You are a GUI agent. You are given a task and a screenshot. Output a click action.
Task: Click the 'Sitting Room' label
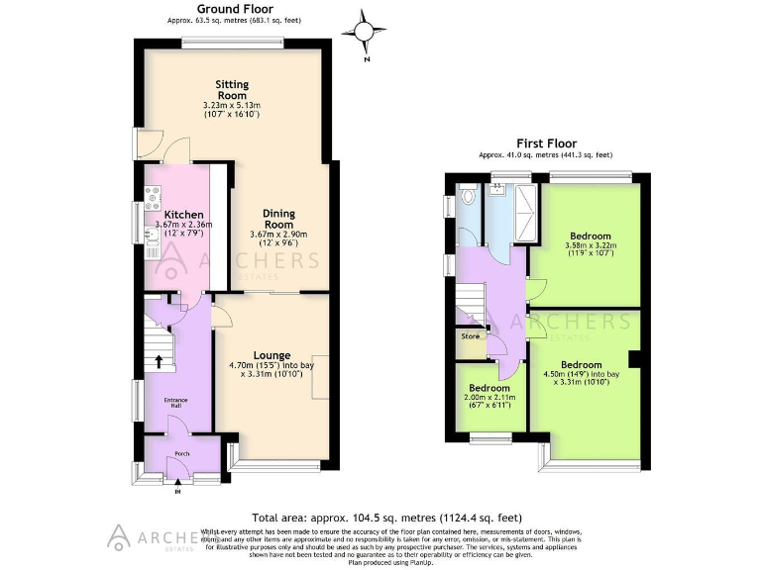233,90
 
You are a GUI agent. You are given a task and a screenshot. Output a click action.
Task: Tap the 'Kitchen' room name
183,215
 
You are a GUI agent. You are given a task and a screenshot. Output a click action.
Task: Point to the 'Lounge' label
271,355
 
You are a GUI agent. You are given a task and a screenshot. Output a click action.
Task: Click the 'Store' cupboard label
470,336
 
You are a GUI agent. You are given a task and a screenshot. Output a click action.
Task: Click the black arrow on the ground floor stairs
159,362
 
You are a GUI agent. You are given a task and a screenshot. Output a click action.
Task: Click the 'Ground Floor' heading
235,7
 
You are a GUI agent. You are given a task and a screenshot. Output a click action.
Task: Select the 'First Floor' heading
545,142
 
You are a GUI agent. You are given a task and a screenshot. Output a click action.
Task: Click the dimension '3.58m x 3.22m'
590,244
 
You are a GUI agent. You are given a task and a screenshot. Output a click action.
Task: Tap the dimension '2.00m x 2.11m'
489,398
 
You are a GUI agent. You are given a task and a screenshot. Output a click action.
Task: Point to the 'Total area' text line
386,518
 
